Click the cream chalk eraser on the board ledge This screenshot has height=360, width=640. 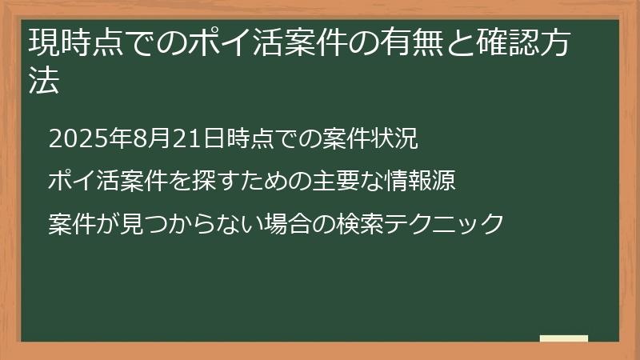(564, 338)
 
